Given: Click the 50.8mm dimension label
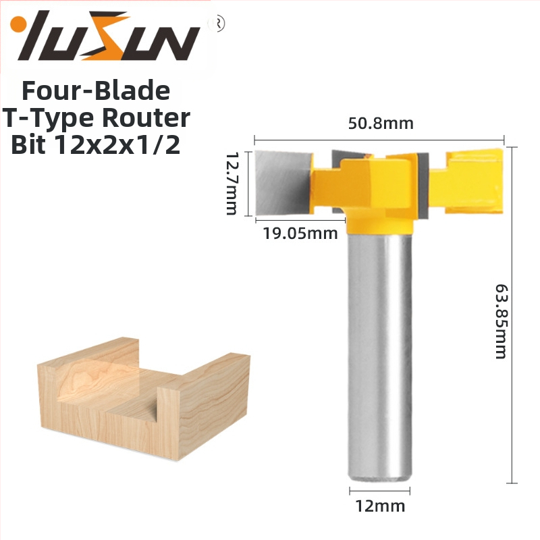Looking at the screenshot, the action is pyautogui.click(x=381, y=124).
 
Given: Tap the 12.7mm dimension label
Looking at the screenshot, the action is pyautogui.click(x=232, y=184).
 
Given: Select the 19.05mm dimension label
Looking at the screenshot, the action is pyautogui.click(x=300, y=234).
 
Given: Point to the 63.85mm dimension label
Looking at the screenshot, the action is pyautogui.click(x=501, y=321).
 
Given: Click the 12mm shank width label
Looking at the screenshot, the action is pyautogui.click(x=380, y=506).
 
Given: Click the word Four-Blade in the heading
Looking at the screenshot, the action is pyautogui.click(x=96, y=91).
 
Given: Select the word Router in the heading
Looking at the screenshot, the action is pyautogui.click(x=146, y=117).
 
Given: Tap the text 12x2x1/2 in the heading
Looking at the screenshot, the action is pyautogui.click(x=117, y=145).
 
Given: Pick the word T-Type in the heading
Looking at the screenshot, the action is pyautogui.click(x=49, y=119).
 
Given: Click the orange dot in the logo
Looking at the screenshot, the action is pyautogui.click(x=16, y=25).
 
